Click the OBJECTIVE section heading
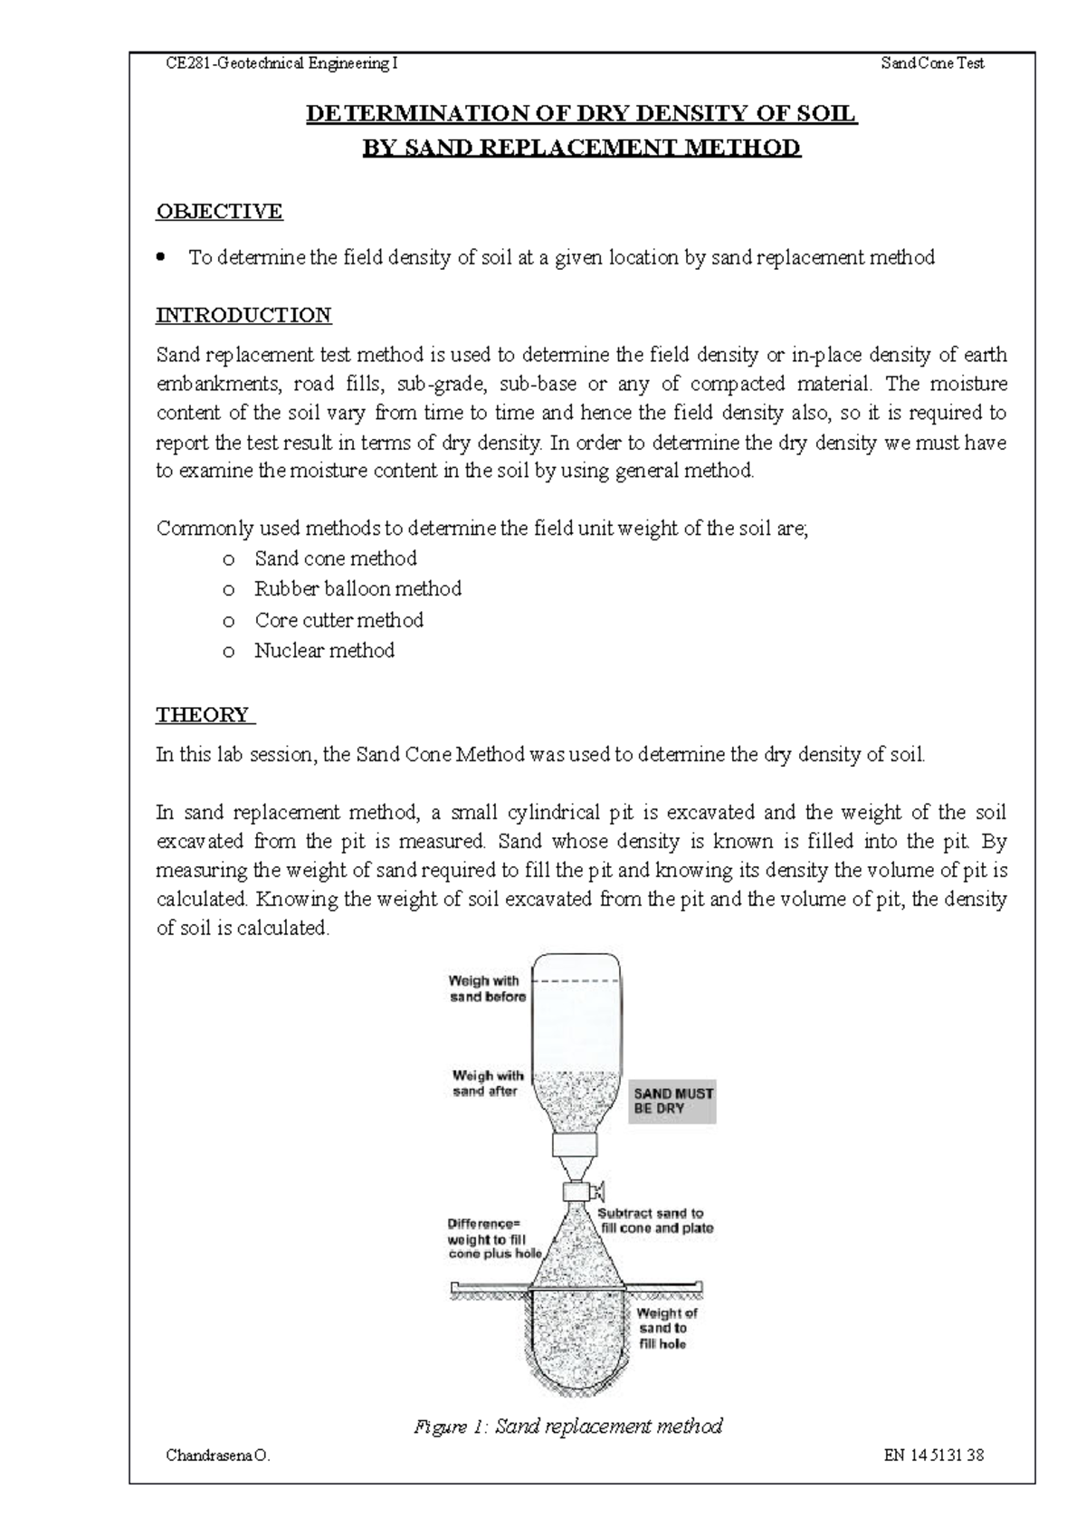click(219, 211)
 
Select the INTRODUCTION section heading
click(243, 315)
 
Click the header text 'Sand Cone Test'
click(932, 63)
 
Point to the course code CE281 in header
click(187, 63)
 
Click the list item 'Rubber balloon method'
click(357, 589)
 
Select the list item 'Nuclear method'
click(324, 651)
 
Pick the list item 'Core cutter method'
click(338, 620)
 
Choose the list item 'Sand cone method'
click(336, 558)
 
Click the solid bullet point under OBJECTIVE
click(162, 257)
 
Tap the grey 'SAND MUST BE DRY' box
click(672, 1101)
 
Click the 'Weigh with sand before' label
click(487, 988)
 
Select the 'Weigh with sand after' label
click(487, 1084)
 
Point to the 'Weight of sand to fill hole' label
click(666, 1328)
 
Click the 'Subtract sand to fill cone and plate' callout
click(656, 1221)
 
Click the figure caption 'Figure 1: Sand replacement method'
click(567, 1427)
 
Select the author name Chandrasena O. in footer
click(217, 1456)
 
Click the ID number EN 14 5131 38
click(935, 1456)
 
